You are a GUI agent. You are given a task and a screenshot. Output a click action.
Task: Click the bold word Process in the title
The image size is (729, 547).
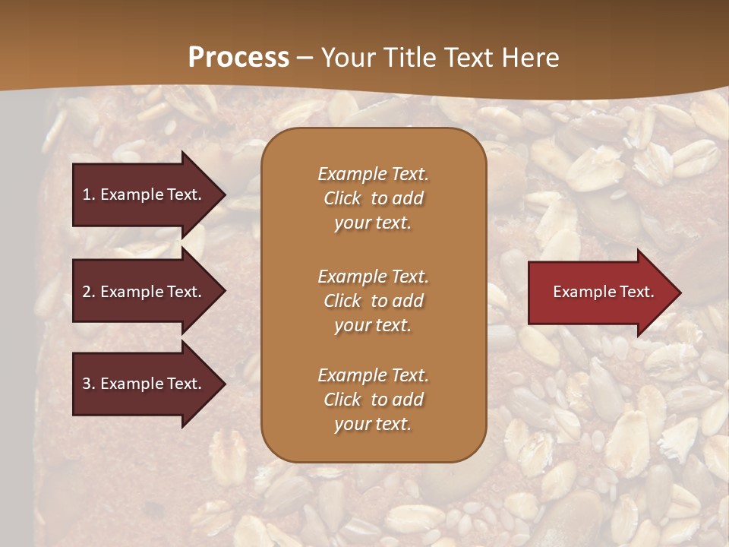(x=238, y=57)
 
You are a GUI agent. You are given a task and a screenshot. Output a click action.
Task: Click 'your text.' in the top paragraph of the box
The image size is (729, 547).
(x=373, y=223)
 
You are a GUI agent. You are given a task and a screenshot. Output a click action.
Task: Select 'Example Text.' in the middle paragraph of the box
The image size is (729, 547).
(x=373, y=276)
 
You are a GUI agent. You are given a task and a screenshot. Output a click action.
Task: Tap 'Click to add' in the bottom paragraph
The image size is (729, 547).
(x=373, y=400)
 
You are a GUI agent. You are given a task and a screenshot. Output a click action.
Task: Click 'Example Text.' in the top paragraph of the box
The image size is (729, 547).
(x=373, y=174)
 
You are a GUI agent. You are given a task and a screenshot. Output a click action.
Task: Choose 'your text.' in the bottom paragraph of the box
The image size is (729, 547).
(x=373, y=424)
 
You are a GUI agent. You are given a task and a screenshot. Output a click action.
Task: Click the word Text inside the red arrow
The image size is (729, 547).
(x=636, y=292)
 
